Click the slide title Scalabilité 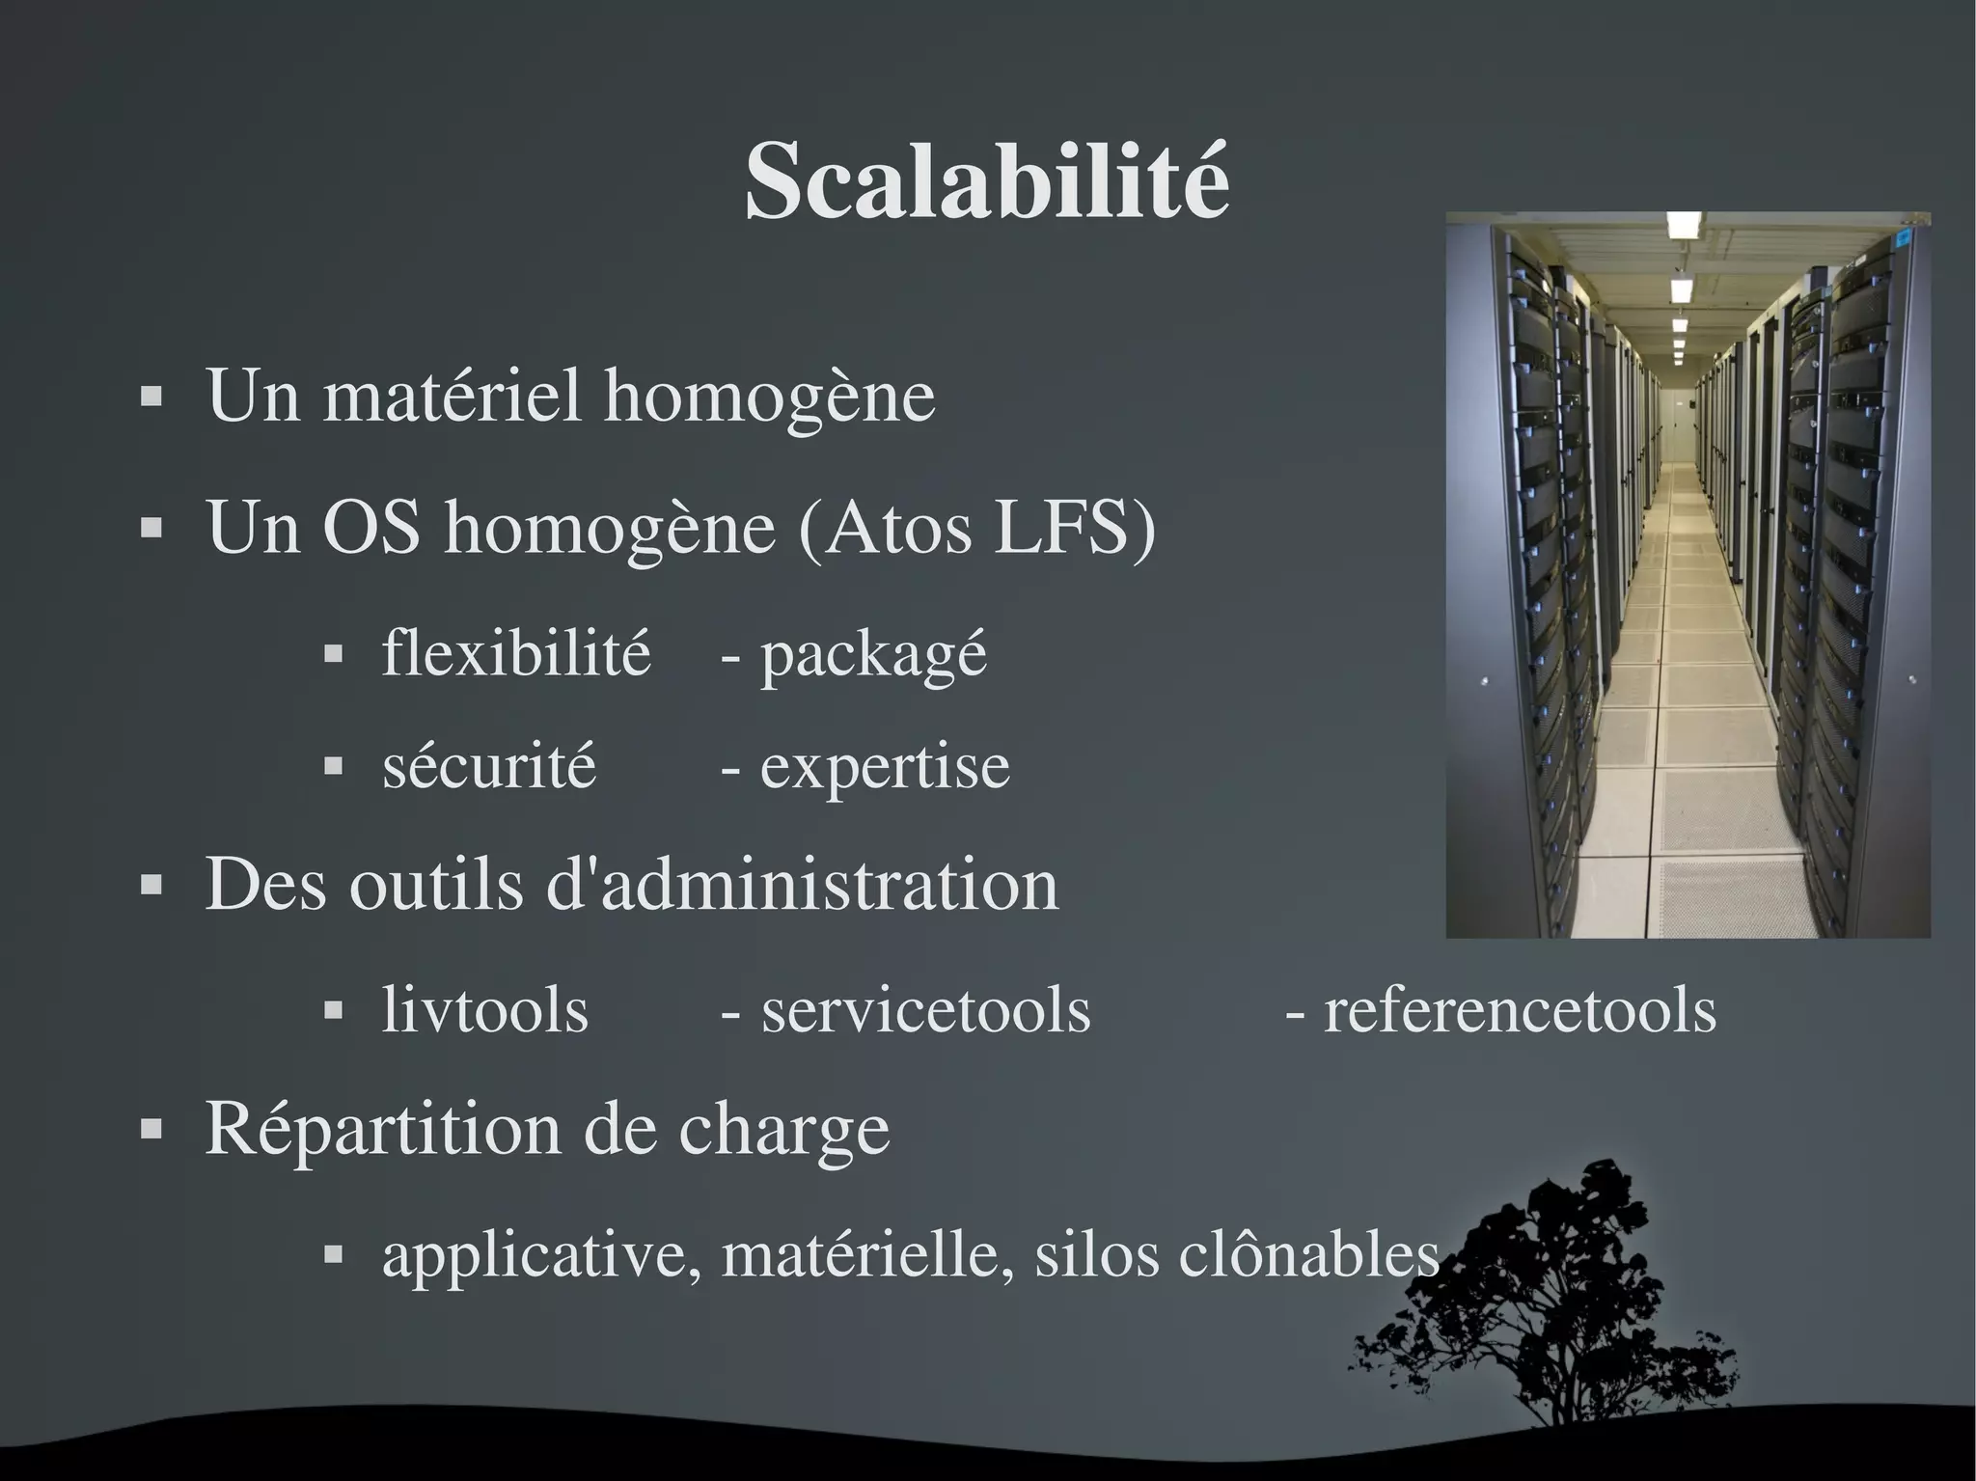[x=987, y=181]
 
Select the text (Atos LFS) [x=977, y=529]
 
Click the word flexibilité [x=516, y=653]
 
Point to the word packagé [x=873, y=656]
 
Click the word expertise [x=885, y=768]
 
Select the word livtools [x=484, y=1010]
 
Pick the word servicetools [x=925, y=1010]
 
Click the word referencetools [x=1520, y=1010]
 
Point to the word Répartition [x=382, y=1129]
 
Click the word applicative [x=541, y=1255]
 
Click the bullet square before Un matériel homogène [x=151, y=396]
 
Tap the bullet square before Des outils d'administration [x=151, y=885]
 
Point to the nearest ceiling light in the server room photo [x=1684, y=224]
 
